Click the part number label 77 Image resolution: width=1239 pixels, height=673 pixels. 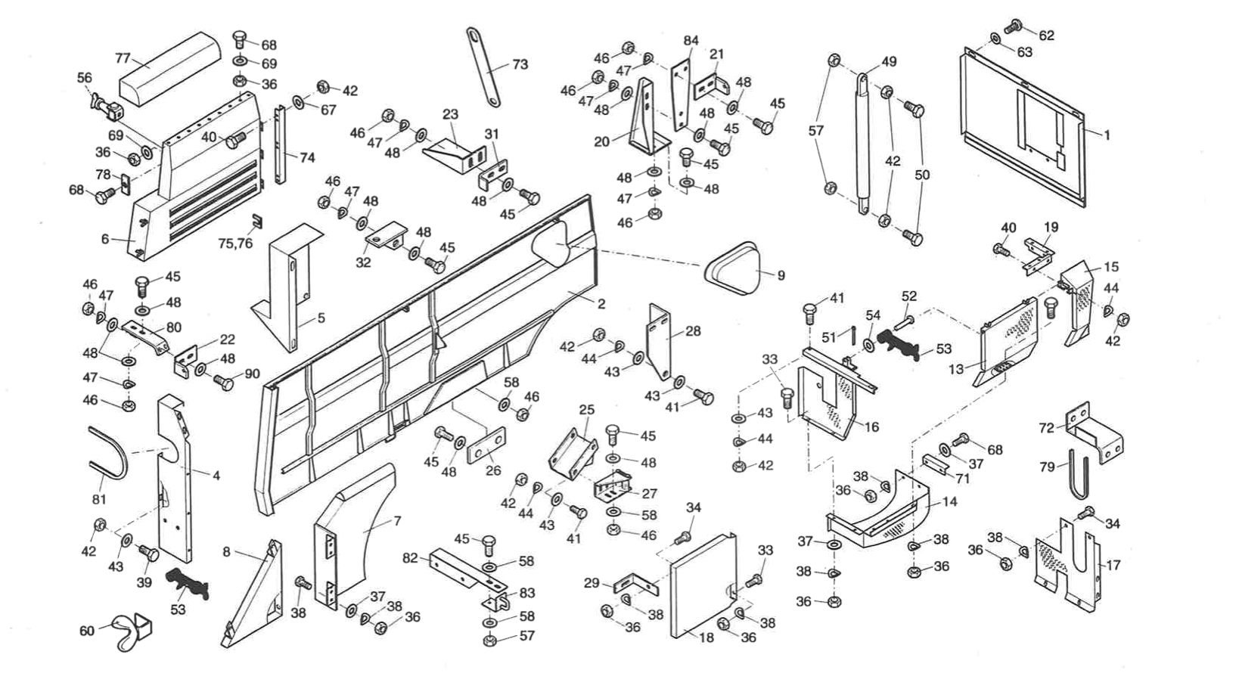[x=123, y=58]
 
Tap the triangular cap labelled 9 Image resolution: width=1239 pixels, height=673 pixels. [x=732, y=269]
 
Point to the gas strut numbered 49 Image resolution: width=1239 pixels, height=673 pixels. [x=862, y=144]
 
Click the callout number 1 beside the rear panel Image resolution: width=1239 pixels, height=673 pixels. [x=1107, y=135]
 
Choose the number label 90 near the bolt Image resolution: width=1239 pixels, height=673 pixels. [x=252, y=375]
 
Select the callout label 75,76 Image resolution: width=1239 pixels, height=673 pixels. [x=235, y=243]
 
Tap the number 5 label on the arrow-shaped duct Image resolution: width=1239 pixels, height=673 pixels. [x=321, y=318]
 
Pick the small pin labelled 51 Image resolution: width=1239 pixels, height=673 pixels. [x=854, y=333]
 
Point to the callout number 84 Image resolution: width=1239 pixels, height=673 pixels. [x=691, y=40]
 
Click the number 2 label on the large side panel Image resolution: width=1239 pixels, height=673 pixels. [x=601, y=304]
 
